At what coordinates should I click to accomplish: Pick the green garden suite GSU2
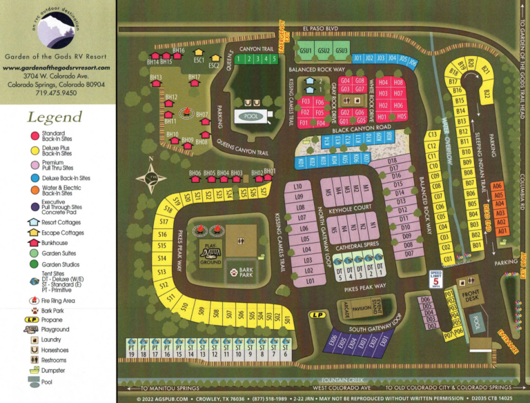(324, 50)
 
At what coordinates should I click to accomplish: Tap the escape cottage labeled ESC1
(199, 57)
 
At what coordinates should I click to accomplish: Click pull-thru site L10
(298, 187)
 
